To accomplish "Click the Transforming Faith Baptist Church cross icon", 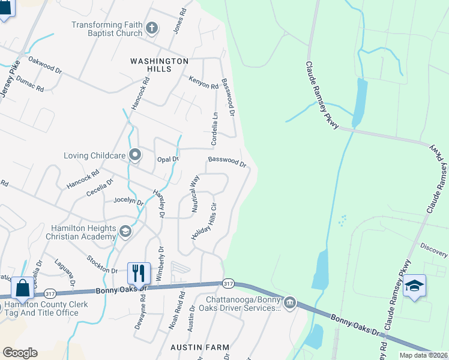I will click(152, 28).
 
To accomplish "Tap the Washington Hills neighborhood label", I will click(159, 65).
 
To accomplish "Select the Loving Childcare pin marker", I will click(135, 155).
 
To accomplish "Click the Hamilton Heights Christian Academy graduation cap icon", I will click(125, 231).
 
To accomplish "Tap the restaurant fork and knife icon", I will click(139, 273).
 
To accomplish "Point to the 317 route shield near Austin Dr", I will click(227, 283).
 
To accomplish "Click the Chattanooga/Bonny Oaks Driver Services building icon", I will click(290, 301).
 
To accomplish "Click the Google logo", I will click(20, 353).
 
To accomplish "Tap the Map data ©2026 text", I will click(423, 355).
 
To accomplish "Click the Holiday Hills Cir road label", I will click(204, 222).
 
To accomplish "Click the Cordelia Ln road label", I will click(213, 128).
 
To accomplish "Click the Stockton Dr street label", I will click(101, 263).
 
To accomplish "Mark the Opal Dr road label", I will click(168, 160).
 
